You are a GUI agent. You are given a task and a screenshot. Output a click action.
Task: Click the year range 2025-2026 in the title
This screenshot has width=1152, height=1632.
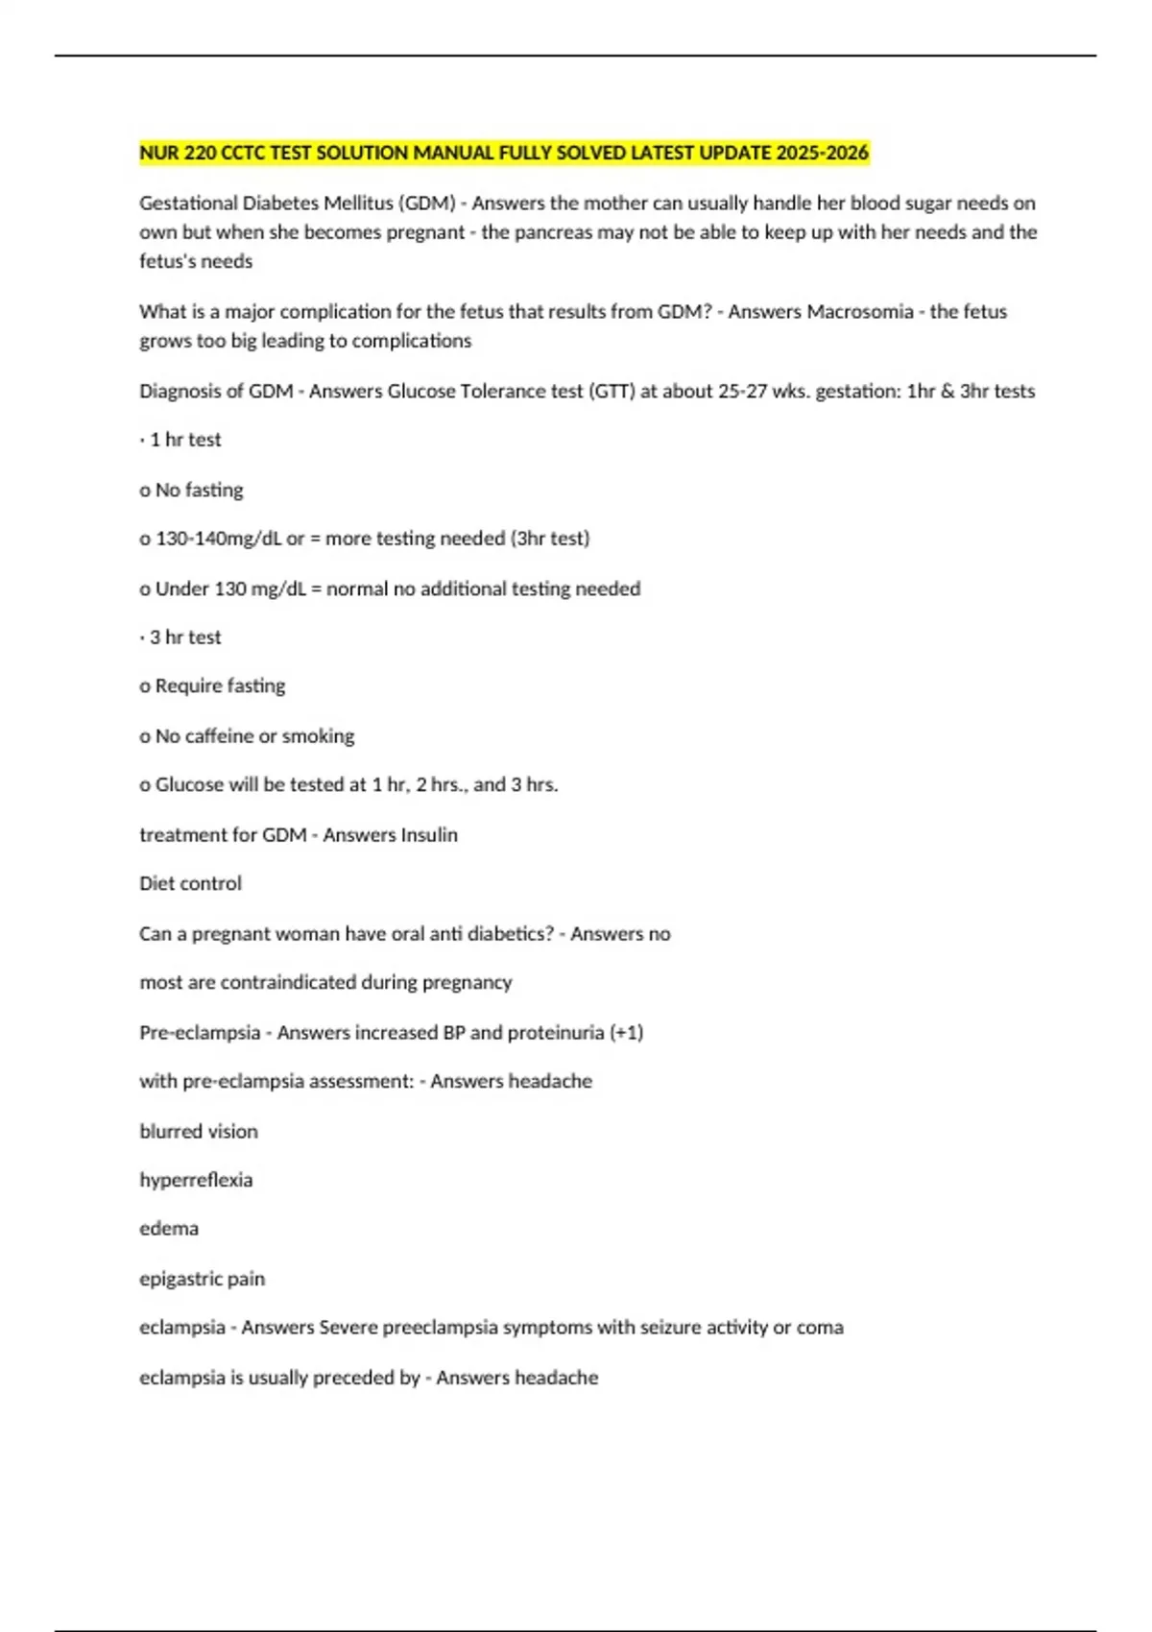[822, 153]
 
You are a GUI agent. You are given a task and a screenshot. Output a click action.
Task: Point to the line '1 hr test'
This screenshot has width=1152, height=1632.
[184, 440]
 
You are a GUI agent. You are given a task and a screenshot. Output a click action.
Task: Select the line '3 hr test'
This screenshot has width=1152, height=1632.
[184, 637]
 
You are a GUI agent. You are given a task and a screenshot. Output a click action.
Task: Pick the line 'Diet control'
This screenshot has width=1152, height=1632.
[190, 883]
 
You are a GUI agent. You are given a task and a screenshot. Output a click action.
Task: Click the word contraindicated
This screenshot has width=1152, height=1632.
[288, 982]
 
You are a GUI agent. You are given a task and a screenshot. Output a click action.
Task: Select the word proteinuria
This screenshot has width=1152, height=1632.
[556, 1033]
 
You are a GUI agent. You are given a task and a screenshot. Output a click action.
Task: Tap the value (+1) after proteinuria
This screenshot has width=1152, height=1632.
[626, 1033]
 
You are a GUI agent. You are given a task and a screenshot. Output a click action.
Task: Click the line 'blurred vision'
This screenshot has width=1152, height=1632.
[199, 1132]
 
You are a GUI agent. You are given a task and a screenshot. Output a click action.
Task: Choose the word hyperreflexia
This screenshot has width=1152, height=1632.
[196, 1180]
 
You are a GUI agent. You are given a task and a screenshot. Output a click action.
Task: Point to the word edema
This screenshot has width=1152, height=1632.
[169, 1229]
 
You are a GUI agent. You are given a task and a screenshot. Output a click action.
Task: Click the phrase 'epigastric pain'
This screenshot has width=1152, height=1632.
[202, 1279]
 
